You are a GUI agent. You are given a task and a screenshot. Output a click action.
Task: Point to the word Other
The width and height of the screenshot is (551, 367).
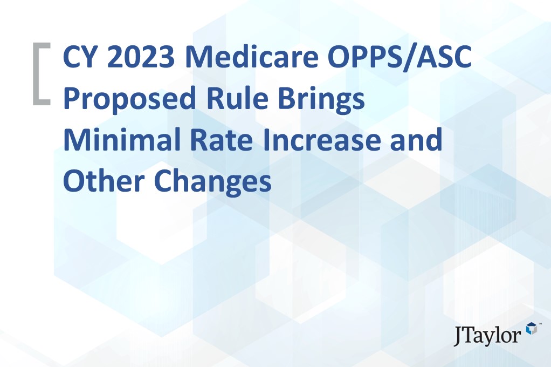tap(103, 182)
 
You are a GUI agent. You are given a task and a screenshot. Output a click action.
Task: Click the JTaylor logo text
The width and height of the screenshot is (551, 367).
tap(488, 335)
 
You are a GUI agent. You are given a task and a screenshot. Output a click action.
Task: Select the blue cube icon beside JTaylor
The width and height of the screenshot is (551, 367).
tap(532, 329)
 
